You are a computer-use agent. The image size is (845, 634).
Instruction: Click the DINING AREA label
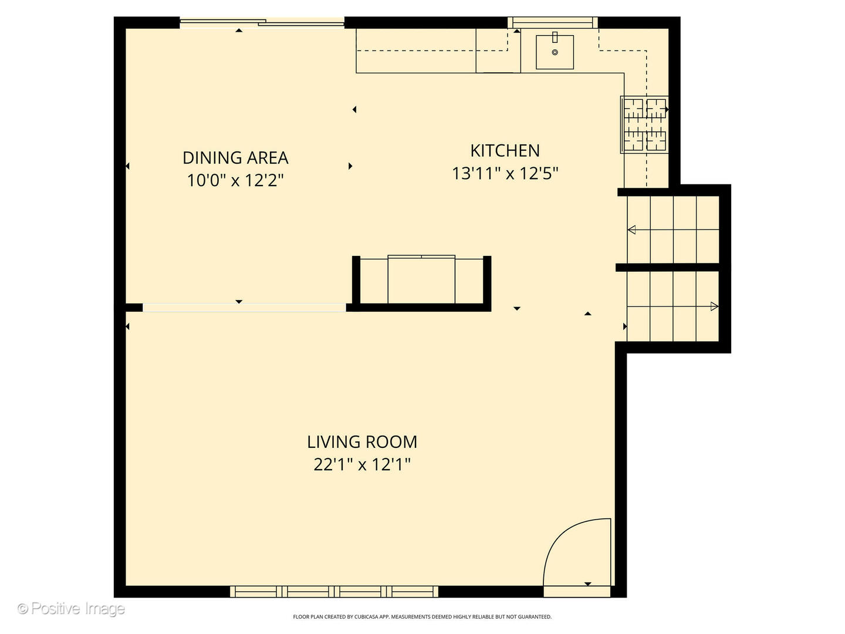coord(235,158)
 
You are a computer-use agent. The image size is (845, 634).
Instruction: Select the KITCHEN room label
coord(505,151)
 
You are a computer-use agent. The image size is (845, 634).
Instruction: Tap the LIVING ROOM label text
coord(362,442)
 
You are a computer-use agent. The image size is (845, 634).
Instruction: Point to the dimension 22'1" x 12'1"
coord(362,465)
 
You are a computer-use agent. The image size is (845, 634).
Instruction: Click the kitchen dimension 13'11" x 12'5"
coord(505,174)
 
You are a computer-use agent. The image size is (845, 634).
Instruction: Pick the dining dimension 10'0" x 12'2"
coord(235,180)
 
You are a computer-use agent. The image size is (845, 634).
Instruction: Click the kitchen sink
coord(555,52)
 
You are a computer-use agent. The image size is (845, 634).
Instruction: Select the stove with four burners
coord(644,124)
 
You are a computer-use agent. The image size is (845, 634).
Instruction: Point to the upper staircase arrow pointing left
coord(633,230)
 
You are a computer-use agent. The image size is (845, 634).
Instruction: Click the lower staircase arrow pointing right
coord(714,306)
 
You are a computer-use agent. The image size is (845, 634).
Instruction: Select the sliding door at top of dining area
coord(262,23)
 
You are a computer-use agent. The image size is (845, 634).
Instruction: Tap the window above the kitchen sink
coord(552,23)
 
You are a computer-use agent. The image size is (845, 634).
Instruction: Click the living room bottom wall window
coord(334,591)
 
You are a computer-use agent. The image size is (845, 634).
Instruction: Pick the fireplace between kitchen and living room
coord(421,281)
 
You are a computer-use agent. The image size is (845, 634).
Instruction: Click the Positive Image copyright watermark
coord(71,609)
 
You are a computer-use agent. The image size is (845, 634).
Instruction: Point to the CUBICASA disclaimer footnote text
coord(422,617)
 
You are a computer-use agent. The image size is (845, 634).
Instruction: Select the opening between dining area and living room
coord(244,307)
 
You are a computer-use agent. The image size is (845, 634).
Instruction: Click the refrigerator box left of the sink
coord(498,50)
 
